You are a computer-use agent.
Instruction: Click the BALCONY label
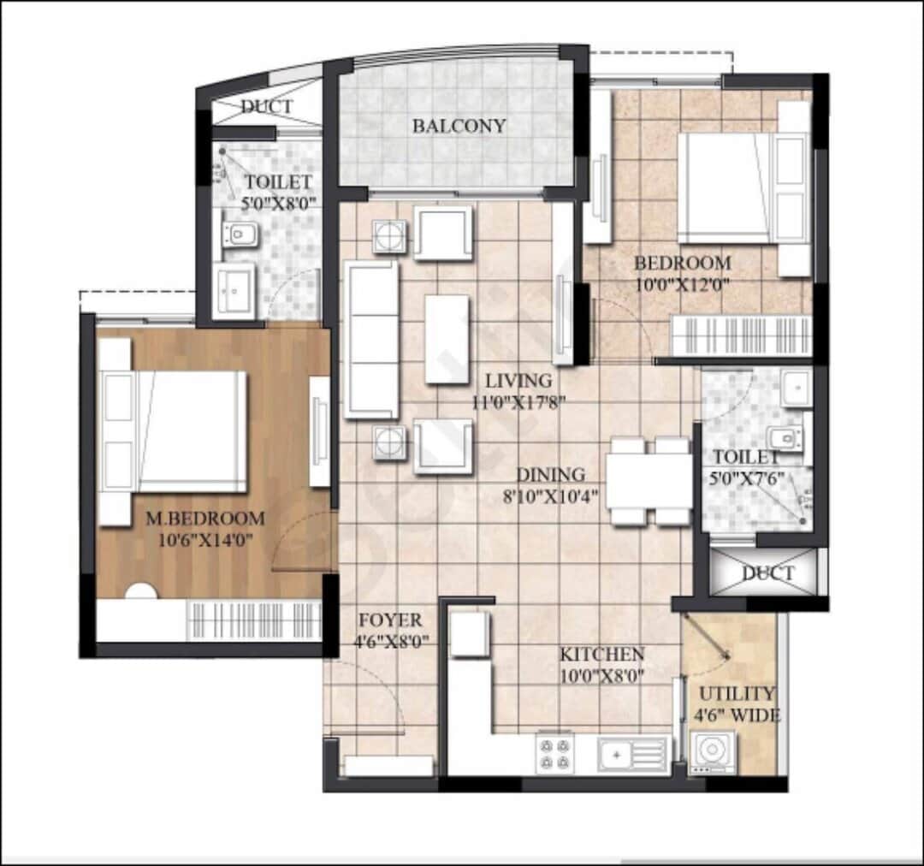(x=459, y=126)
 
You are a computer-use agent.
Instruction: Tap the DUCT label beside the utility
(x=767, y=573)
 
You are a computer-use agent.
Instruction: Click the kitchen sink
(x=633, y=754)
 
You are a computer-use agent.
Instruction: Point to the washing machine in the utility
(x=713, y=751)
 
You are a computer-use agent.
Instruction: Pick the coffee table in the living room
(x=447, y=339)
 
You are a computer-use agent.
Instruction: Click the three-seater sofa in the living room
(x=371, y=340)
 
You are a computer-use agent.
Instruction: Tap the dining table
(x=649, y=481)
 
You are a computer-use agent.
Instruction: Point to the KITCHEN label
(x=601, y=654)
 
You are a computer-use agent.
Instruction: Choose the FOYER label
(x=391, y=620)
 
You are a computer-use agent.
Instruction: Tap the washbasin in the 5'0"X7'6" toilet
(x=797, y=388)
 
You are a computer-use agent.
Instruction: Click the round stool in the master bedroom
(x=141, y=592)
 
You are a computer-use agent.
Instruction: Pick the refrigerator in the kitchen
(x=471, y=633)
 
